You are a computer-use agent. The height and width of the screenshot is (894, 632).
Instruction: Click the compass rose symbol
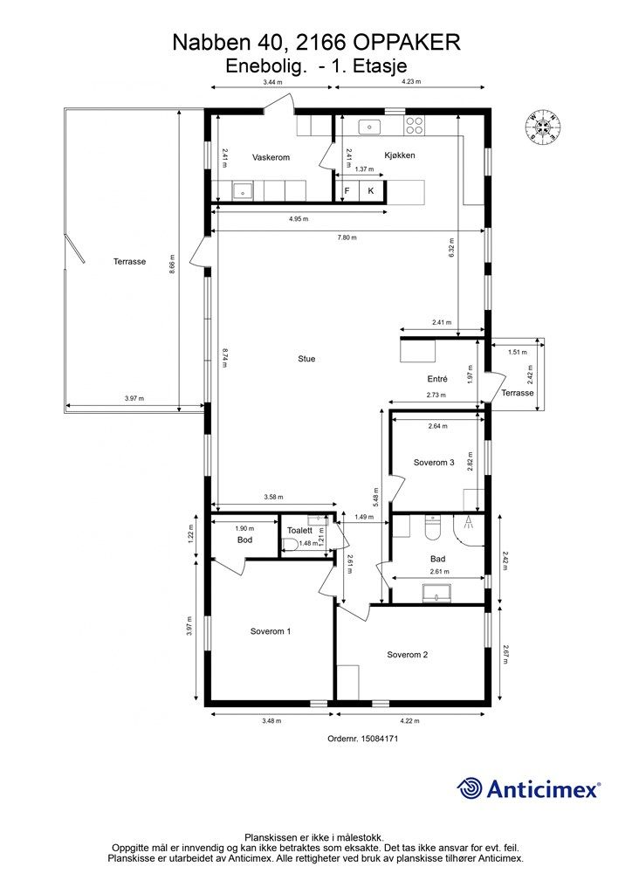(x=543, y=127)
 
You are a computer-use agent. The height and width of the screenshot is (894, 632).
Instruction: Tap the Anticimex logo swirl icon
(x=470, y=788)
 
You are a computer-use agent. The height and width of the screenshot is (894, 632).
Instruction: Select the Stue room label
(x=306, y=359)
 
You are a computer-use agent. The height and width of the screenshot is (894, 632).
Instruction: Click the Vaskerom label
(x=271, y=157)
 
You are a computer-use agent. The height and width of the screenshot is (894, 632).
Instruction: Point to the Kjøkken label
(x=400, y=155)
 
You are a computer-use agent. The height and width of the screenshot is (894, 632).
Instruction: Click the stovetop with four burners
(x=415, y=126)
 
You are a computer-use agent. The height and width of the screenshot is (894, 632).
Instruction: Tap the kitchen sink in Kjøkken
(x=369, y=127)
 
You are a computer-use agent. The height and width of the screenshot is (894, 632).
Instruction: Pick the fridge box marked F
(x=347, y=191)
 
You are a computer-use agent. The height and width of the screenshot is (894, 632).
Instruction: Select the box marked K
(x=371, y=191)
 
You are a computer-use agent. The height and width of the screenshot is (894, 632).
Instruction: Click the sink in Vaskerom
(x=244, y=191)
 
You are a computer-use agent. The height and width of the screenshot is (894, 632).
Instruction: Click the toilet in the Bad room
(x=434, y=527)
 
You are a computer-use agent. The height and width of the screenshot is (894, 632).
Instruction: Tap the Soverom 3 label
(x=434, y=463)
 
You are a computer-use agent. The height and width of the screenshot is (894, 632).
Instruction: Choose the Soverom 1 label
(x=271, y=631)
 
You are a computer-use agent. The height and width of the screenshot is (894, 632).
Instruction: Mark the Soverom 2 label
(x=407, y=655)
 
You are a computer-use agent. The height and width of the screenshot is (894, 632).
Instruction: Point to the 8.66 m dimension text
(x=173, y=264)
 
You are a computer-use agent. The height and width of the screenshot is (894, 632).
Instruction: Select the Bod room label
(x=245, y=540)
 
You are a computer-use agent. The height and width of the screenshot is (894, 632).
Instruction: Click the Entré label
(x=437, y=379)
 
